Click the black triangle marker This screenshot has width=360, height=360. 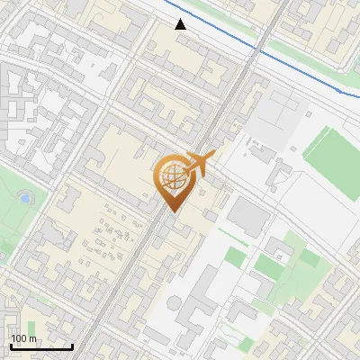point(181,24)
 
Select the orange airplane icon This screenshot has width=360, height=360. point(200,163)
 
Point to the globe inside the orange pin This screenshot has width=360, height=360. point(172,176)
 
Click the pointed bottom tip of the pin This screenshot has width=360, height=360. point(173,211)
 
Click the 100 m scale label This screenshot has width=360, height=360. point(24,338)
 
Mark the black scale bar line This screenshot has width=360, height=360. point(41,346)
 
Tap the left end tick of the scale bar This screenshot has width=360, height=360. point(11,346)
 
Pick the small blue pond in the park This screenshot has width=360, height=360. point(25,197)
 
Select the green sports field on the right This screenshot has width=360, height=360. point(332,150)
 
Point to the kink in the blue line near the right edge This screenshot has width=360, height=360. point(340,90)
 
